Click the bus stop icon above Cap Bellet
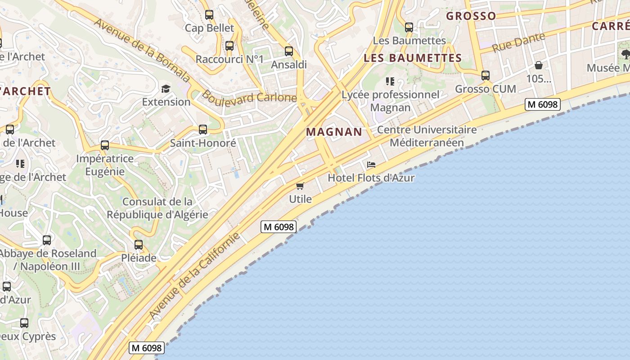(209, 15)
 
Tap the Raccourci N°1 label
(229, 59)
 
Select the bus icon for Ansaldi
(289, 51)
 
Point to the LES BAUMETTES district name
(413, 58)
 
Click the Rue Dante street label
(518, 42)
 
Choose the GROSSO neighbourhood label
(471, 16)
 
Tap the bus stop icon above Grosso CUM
(485, 76)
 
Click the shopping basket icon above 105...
(538, 66)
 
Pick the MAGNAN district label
(334, 132)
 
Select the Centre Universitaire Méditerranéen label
(427, 136)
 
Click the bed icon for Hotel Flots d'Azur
(371, 165)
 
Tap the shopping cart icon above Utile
(300, 186)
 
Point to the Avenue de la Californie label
(195, 275)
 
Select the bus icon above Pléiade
(139, 245)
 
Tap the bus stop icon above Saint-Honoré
(203, 130)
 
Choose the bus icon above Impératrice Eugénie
(105, 145)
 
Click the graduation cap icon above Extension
(166, 88)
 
